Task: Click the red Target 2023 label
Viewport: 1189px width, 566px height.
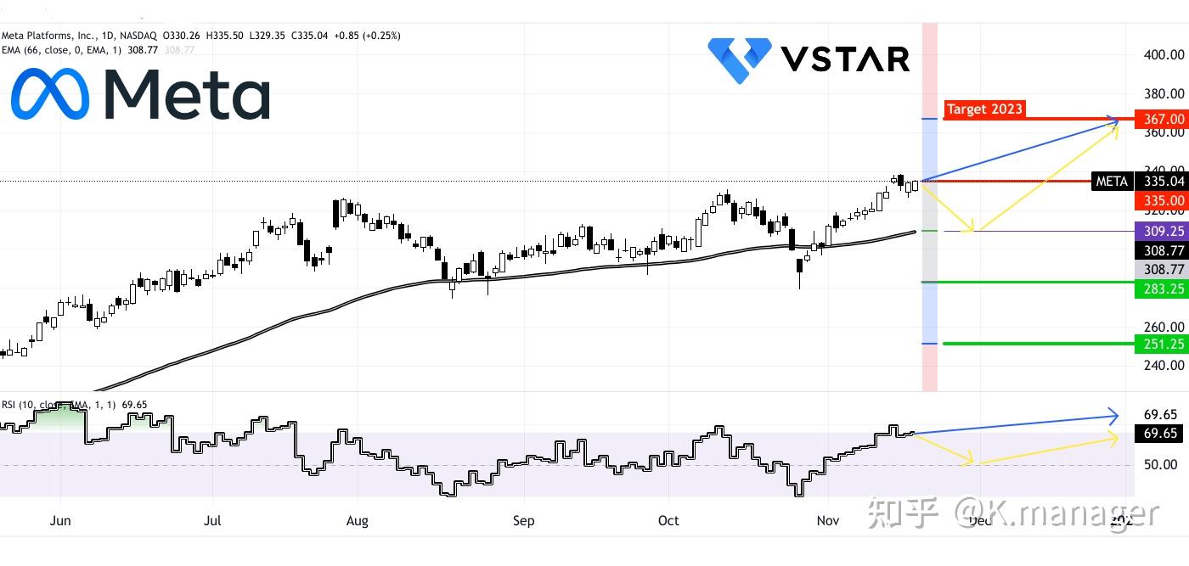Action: point(984,109)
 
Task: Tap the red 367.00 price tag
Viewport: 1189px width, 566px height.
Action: point(1159,120)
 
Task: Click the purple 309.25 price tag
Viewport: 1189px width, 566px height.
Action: point(1159,231)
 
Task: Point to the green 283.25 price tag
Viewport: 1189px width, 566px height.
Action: point(1159,289)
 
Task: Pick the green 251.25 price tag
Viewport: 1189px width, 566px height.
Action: point(1159,344)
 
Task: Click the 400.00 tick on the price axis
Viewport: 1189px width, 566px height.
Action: point(1164,54)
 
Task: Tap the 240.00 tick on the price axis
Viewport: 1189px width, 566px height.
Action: point(1164,366)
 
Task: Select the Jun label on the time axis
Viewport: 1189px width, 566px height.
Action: point(60,520)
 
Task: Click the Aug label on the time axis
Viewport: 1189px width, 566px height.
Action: point(358,520)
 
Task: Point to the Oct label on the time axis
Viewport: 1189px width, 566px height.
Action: point(669,520)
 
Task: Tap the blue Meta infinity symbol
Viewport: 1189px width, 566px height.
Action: point(49,94)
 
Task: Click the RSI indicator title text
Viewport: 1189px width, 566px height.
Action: point(74,405)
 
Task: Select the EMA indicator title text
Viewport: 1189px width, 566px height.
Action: point(98,50)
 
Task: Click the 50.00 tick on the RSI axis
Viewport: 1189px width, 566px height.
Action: point(1160,465)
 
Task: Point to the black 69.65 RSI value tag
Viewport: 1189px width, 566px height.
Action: point(1160,434)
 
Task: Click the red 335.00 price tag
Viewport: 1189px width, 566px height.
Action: point(1159,201)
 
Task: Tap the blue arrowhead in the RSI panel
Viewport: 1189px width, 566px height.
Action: point(1113,416)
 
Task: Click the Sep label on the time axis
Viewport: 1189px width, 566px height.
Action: point(524,520)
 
